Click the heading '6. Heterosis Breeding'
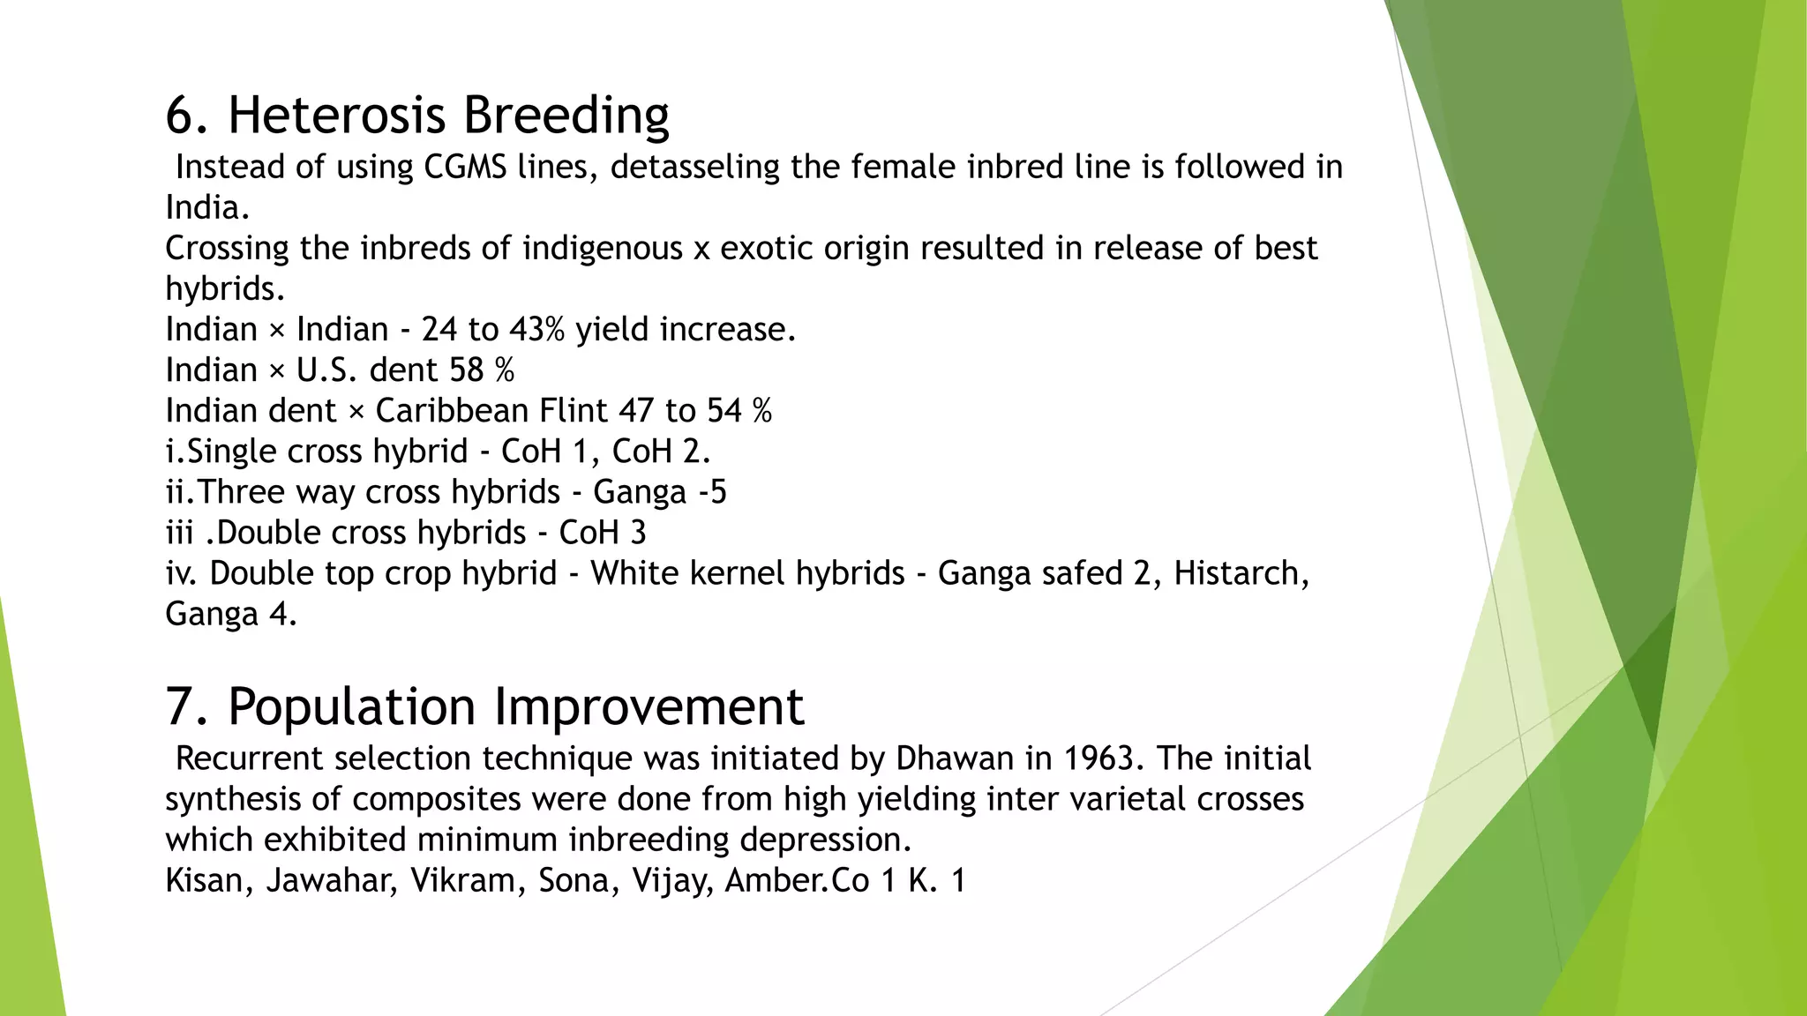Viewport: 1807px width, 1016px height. tap(417, 116)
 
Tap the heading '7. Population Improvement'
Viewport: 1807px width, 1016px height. tap(484, 707)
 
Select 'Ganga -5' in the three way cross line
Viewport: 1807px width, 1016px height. tap(659, 491)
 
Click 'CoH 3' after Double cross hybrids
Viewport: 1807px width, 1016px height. tap(602, 532)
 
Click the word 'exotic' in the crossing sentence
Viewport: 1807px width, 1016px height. tap(767, 248)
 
